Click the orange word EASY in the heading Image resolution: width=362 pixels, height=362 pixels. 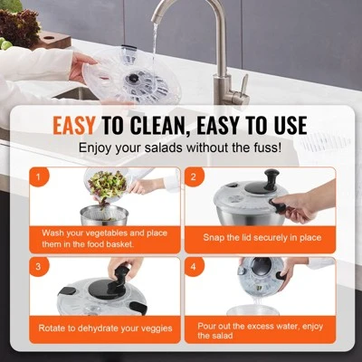[79, 125]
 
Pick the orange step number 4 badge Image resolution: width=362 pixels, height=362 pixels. [194, 268]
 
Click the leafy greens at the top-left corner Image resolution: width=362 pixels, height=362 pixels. [18, 32]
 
